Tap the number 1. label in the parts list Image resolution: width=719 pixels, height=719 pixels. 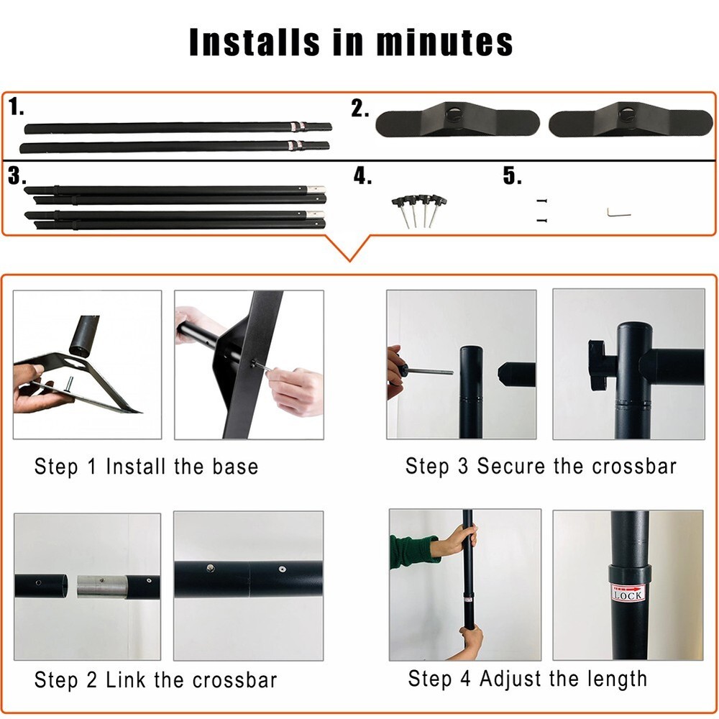coord(17,106)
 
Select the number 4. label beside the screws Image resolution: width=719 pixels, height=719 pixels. coord(362,175)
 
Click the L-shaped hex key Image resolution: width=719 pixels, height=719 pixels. coord(618,213)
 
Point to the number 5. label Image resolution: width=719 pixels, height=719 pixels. coord(512,175)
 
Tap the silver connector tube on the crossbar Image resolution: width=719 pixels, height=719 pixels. coord(101,587)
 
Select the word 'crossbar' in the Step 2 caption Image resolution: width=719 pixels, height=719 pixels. coord(235,680)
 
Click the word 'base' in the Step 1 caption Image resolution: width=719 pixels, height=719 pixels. coord(235,467)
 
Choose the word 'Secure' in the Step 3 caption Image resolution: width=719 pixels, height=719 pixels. coord(512,467)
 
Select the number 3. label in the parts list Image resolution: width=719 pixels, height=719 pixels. coord(17,175)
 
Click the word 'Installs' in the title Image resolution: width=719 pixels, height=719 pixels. coord(255,42)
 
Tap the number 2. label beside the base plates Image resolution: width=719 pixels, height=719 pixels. coord(360,109)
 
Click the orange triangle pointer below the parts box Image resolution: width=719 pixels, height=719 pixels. coord(349,247)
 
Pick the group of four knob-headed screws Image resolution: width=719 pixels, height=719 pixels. coord(419,211)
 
